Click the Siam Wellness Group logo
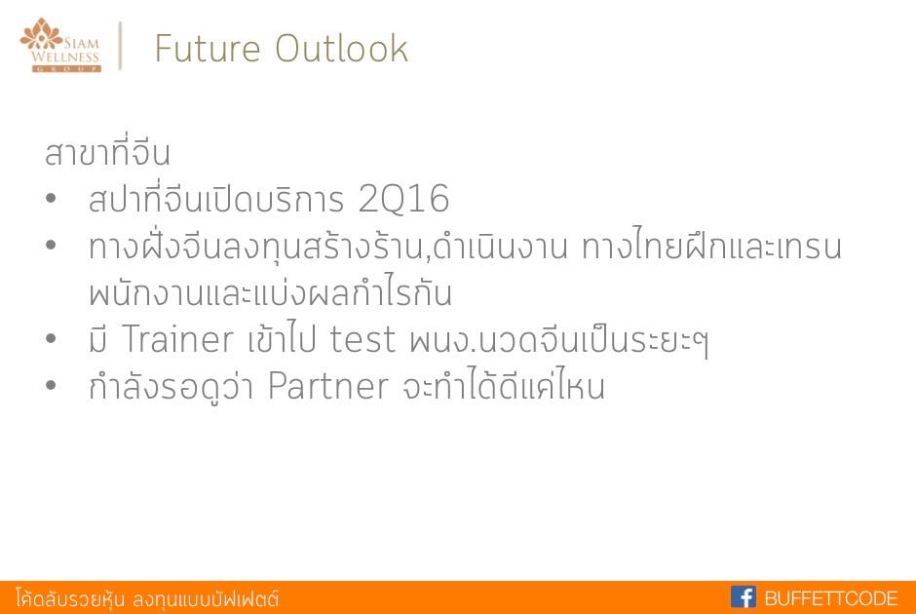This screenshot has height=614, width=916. tap(60, 45)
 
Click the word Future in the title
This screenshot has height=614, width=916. tap(207, 48)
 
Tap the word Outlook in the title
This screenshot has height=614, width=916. tap(341, 48)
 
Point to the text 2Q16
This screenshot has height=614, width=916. tap(403, 199)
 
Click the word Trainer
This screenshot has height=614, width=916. tap(177, 339)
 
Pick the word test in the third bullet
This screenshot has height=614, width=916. tap(363, 339)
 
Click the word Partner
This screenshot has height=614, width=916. tap(327, 386)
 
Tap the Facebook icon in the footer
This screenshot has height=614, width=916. tap(744, 597)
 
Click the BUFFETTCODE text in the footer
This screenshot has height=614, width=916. tap(830, 598)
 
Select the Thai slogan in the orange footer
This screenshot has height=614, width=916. tap(147, 598)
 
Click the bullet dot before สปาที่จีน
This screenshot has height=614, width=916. tap(51, 199)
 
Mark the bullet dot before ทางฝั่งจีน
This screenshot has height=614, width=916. tap(51, 245)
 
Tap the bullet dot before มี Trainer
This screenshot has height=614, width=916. tap(51, 338)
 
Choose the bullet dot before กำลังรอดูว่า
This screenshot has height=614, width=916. tap(51, 385)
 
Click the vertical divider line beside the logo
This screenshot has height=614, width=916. tap(120, 46)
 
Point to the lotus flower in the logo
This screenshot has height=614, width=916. tap(41, 34)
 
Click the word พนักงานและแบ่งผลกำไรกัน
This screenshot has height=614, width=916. tap(271, 291)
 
